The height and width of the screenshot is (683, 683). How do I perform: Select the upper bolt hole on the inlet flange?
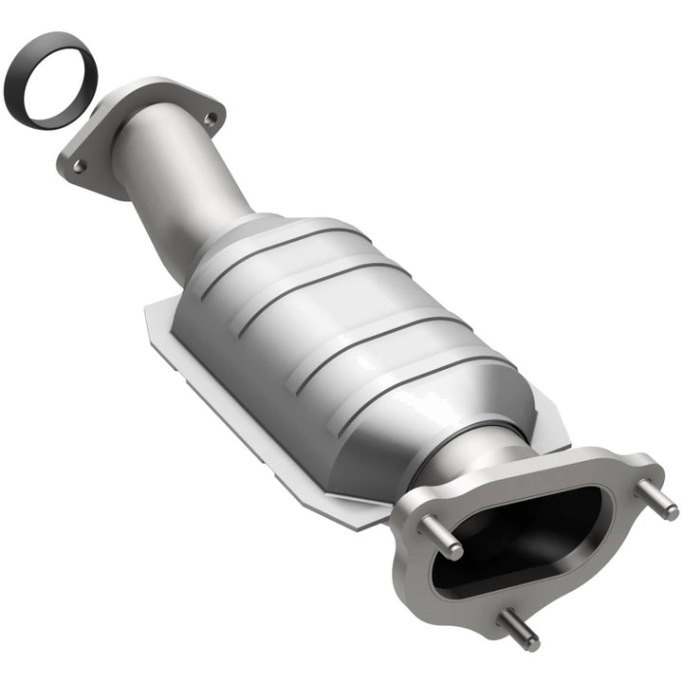click(x=210, y=120)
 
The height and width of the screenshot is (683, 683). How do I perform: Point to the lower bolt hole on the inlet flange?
click(x=80, y=166)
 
